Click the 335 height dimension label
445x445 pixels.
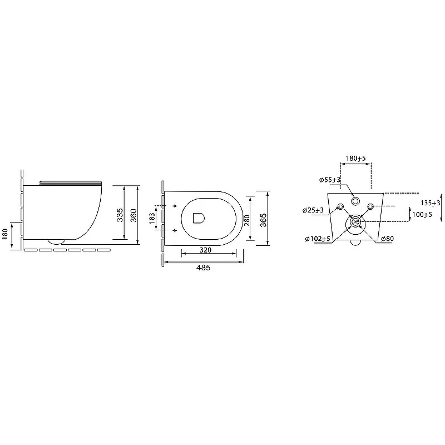click(120, 215)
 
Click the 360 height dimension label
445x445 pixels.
click(133, 215)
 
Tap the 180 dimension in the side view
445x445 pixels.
click(6, 234)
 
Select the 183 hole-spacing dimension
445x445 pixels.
click(152, 217)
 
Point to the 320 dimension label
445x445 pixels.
click(205, 250)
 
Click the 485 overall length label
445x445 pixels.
click(204, 268)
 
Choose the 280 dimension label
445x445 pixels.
click(247, 220)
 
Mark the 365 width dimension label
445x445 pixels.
click(263, 220)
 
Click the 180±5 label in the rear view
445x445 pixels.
click(356, 159)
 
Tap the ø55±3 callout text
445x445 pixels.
click(330, 180)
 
